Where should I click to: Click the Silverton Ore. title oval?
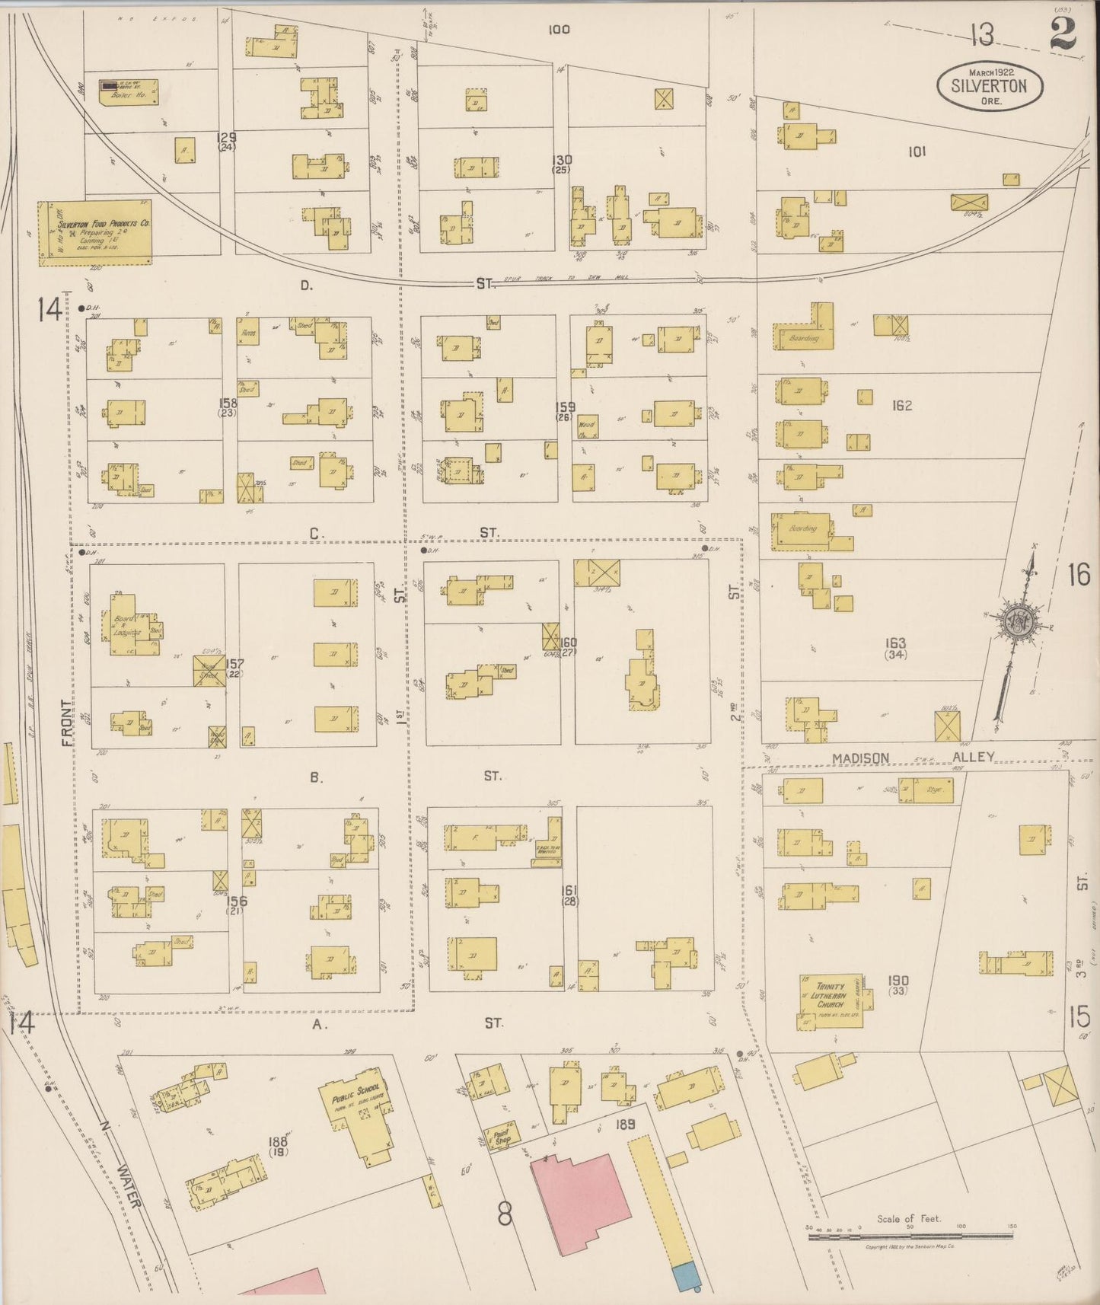coord(989,85)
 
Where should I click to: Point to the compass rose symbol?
coord(1018,621)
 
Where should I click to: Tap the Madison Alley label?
coord(913,758)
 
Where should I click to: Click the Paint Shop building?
coord(502,1137)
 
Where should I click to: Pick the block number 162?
coord(901,406)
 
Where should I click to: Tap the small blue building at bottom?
coord(685,1276)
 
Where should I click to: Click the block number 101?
coord(917,152)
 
